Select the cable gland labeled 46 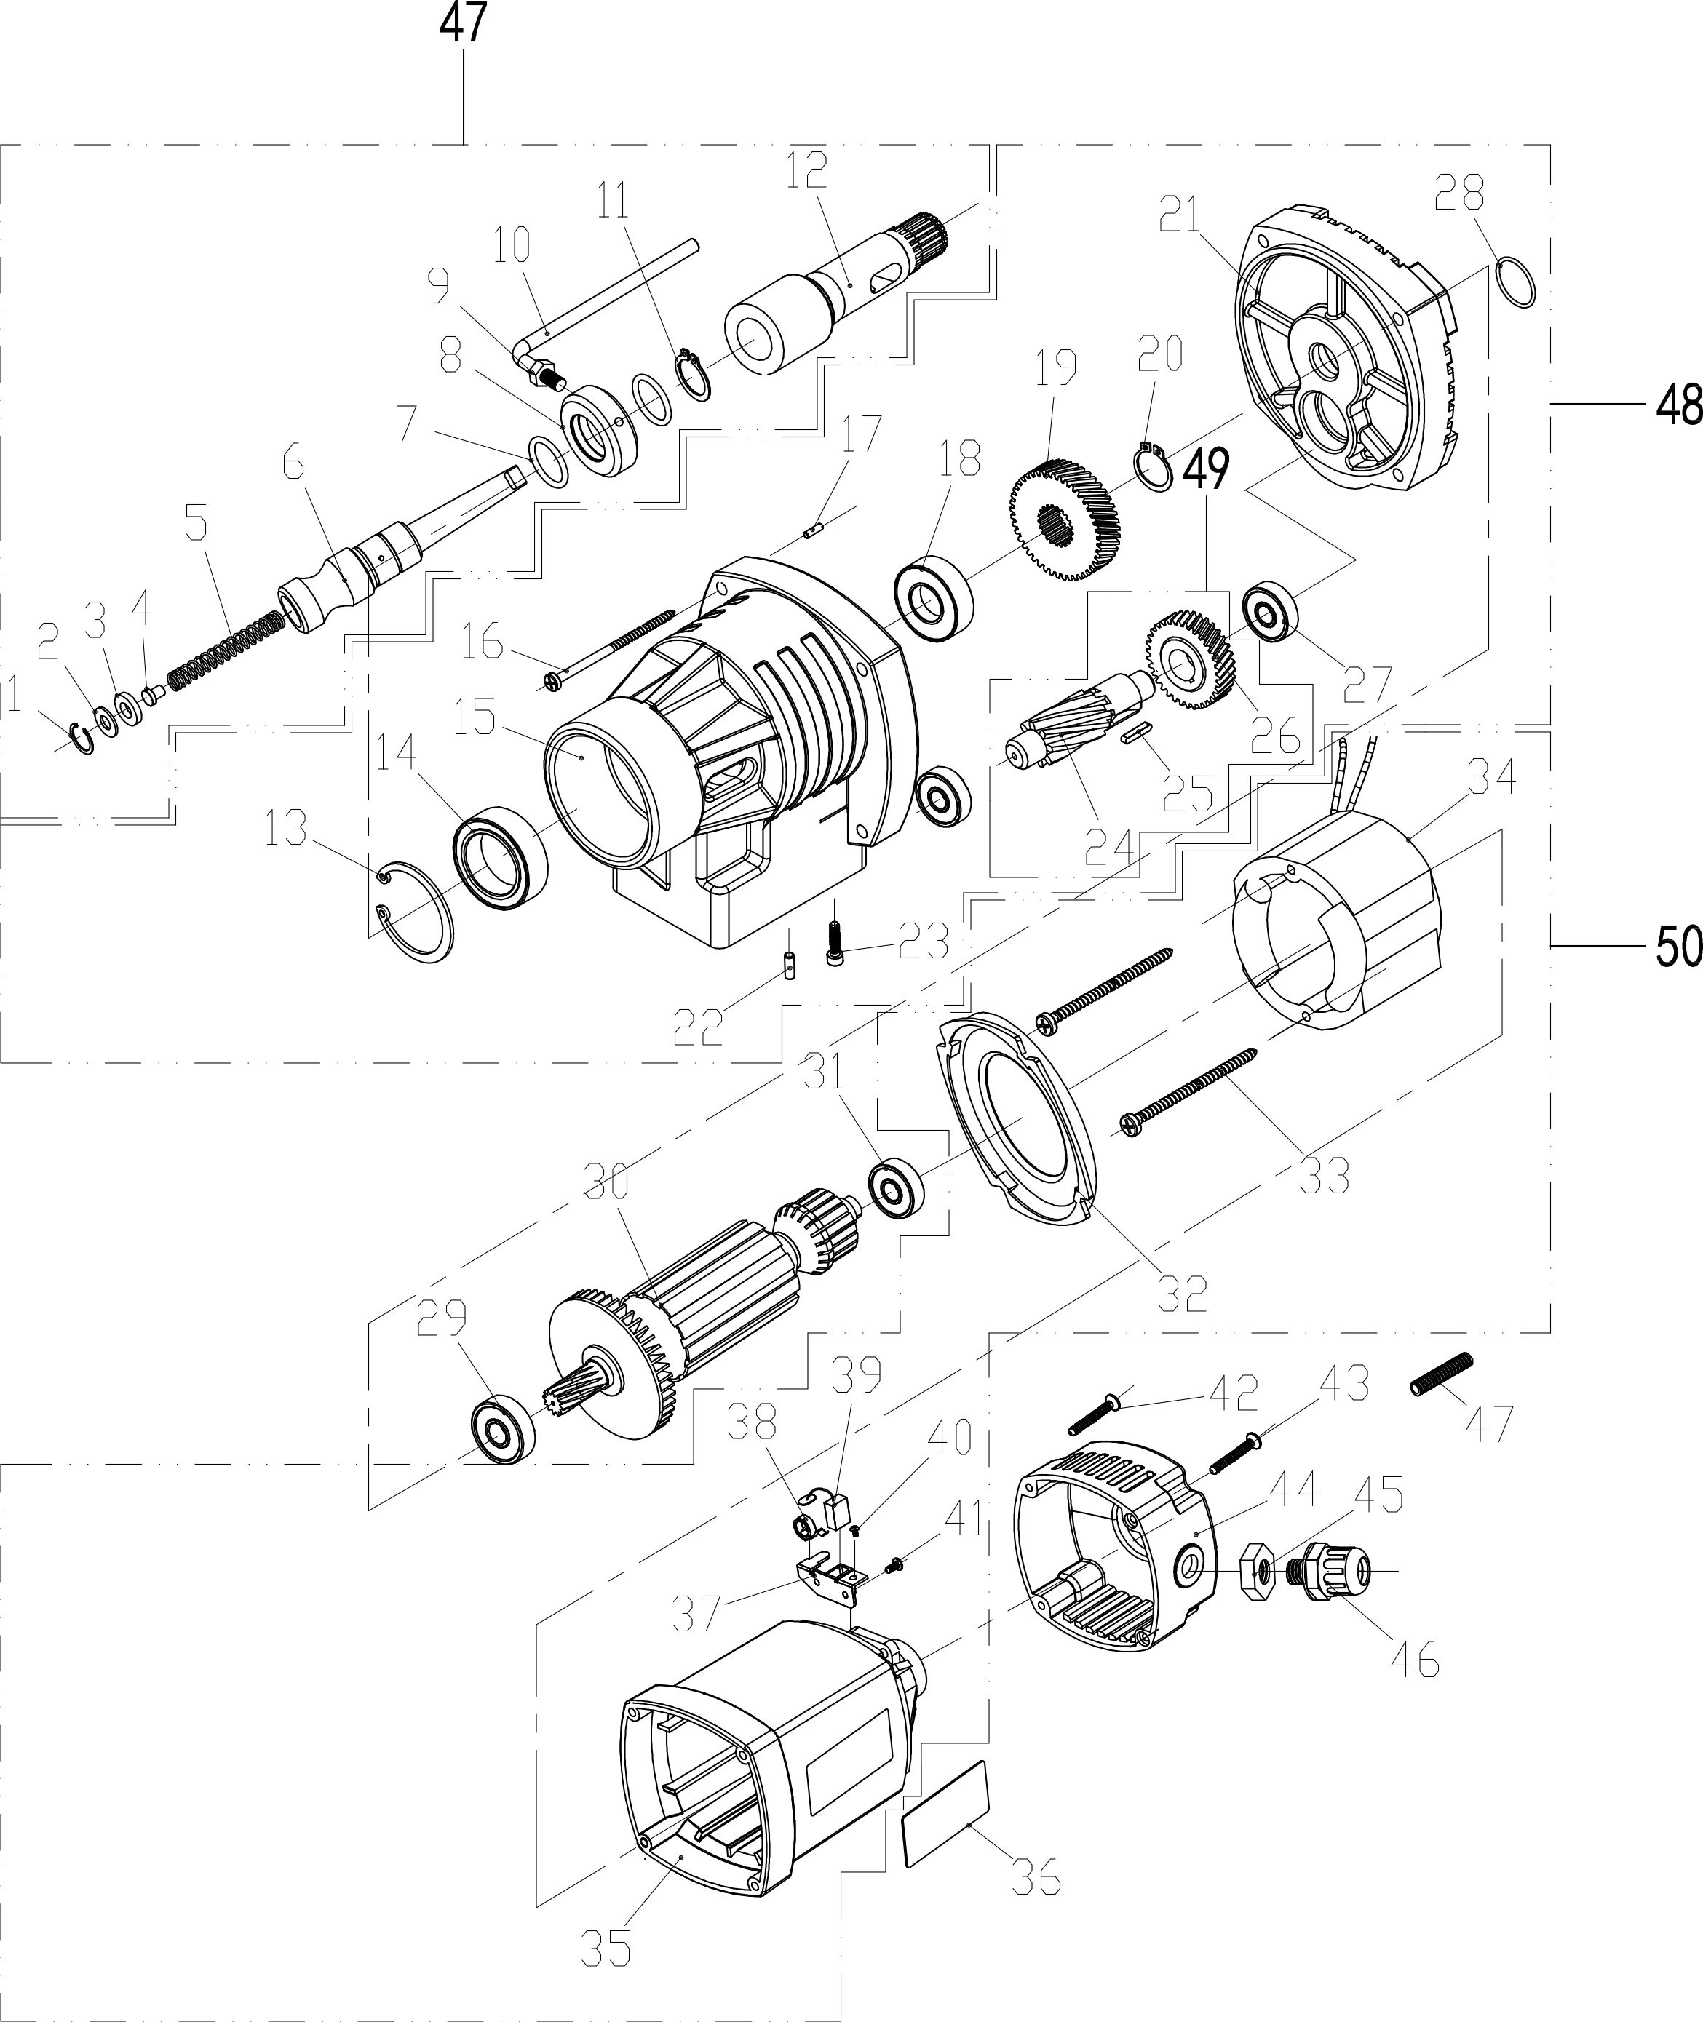(1331, 1572)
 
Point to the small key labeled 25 (1138, 731)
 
